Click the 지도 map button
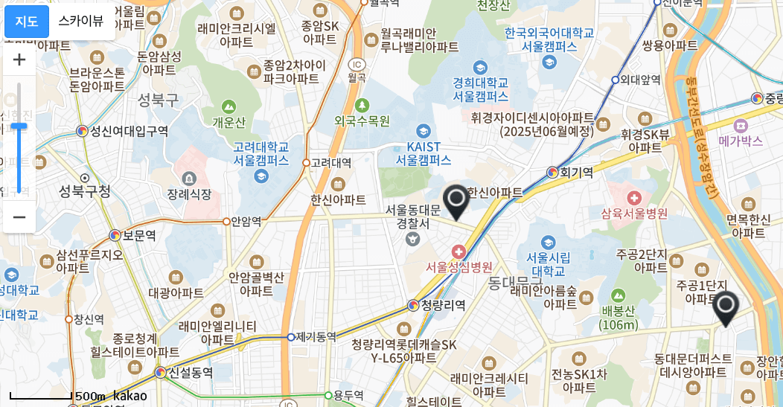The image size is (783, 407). click(x=27, y=22)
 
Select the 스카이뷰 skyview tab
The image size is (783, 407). click(x=81, y=22)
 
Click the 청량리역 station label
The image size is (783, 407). click(x=443, y=305)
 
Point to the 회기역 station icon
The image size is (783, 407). click(x=552, y=172)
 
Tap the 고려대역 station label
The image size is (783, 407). click(x=331, y=162)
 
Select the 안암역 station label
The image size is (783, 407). click(x=246, y=221)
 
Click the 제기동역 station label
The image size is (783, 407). click(x=316, y=337)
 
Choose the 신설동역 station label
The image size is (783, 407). click(x=191, y=372)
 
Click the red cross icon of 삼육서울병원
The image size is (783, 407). click(x=634, y=198)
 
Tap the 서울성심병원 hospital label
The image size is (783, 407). click(x=459, y=267)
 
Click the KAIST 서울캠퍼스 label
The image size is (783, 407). click(x=424, y=153)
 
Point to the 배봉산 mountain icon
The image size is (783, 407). click(x=619, y=295)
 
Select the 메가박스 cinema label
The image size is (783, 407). click(x=741, y=141)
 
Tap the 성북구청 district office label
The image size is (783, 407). click(x=85, y=192)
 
